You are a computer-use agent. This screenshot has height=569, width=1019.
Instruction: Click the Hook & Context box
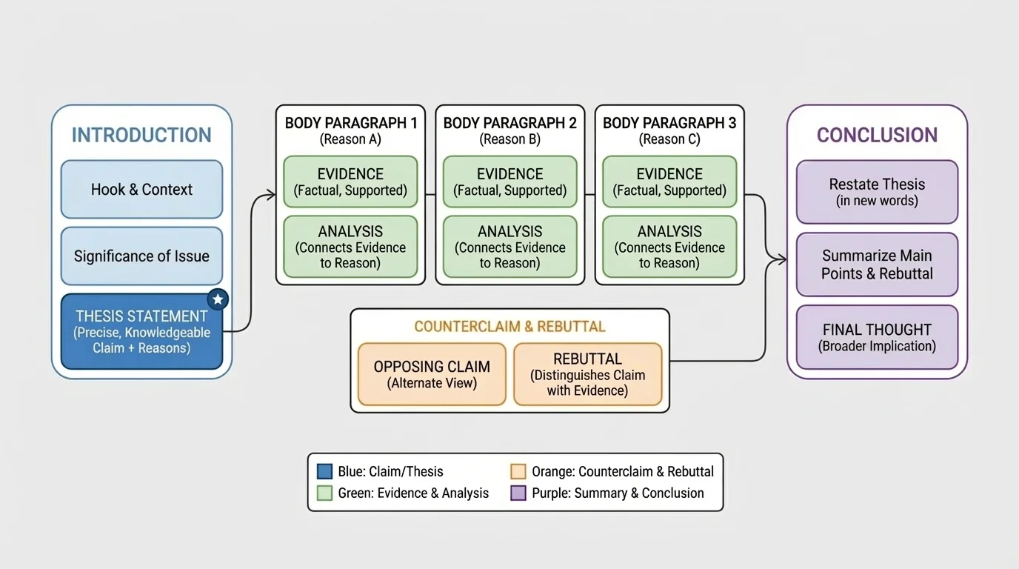point(141,190)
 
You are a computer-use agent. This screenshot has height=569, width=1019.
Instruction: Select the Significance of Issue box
point(141,256)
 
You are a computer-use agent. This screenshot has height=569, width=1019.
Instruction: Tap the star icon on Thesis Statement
point(218,299)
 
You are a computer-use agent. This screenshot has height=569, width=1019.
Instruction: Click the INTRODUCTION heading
point(141,135)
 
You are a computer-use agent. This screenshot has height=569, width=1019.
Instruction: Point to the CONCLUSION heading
point(877,135)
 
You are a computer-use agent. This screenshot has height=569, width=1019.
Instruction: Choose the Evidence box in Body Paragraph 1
point(350,182)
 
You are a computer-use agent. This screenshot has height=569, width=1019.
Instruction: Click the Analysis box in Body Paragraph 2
point(509,247)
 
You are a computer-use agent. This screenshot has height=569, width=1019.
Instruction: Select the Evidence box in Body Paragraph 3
point(669,182)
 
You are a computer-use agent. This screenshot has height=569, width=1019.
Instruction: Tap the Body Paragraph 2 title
point(509,123)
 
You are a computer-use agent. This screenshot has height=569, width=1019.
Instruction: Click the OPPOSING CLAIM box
point(432,374)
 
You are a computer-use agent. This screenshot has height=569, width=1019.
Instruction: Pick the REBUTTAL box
point(587,374)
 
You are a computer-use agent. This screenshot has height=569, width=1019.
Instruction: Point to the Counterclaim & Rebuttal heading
point(509,327)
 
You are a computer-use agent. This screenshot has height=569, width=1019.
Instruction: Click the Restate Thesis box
point(877,192)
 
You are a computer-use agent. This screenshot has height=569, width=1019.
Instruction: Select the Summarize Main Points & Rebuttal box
point(877,264)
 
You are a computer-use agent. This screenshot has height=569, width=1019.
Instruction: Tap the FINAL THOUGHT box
point(877,337)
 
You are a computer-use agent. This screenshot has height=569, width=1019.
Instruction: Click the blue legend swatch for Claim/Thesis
point(324,472)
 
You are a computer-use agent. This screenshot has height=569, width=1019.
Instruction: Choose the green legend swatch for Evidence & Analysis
point(324,493)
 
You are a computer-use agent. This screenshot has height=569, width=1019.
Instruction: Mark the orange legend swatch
point(518,472)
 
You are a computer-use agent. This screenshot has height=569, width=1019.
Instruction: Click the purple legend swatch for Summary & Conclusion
point(518,493)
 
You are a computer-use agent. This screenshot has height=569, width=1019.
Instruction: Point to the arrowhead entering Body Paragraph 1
point(272,196)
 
